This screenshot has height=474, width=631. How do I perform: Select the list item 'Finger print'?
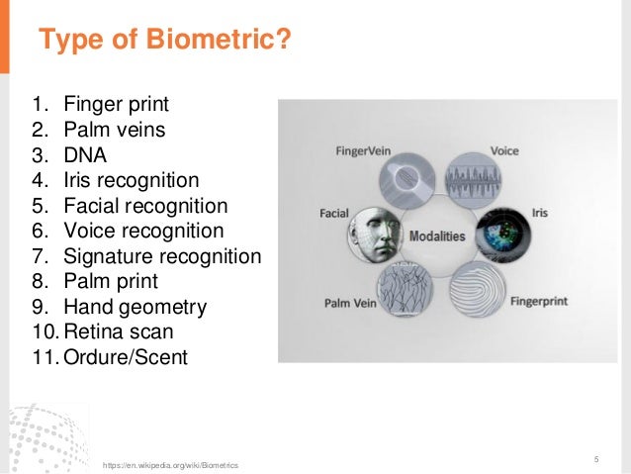coord(116,104)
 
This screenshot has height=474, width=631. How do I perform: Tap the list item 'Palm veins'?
coord(114,130)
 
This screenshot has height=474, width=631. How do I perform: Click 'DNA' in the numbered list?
coord(85,155)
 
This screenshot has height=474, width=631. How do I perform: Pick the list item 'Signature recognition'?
coord(161,257)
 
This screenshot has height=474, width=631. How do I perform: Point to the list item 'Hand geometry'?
coord(135,308)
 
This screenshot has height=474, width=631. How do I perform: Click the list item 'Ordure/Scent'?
coord(125,357)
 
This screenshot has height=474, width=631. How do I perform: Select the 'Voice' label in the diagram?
coord(504,151)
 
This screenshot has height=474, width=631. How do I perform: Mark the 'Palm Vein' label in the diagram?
coord(352,302)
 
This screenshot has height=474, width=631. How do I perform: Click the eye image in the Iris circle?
coord(501,238)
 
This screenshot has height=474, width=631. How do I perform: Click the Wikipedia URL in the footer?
coord(170,464)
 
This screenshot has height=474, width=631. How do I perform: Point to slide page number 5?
coord(596,458)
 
